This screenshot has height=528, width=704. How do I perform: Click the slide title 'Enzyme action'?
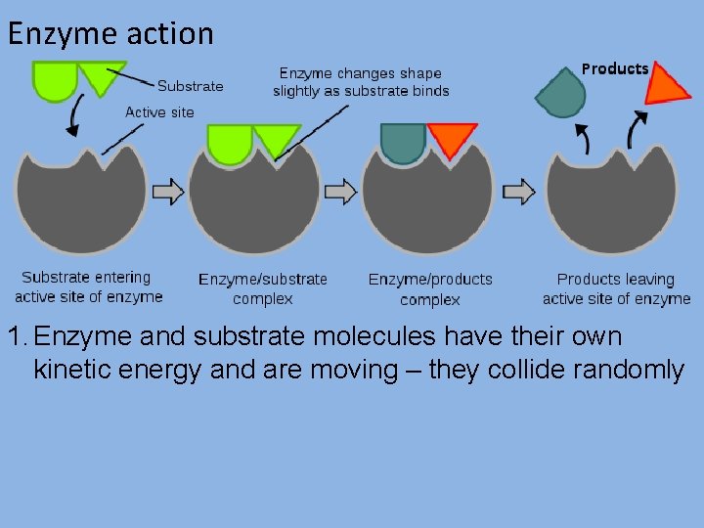[110, 33]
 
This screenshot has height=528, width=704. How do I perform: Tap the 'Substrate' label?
[190, 86]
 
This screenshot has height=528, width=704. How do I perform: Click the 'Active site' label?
[159, 111]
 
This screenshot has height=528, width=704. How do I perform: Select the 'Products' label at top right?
[615, 68]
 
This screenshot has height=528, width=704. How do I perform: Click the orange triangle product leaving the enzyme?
[667, 85]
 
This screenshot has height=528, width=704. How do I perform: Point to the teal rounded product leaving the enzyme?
[561, 94]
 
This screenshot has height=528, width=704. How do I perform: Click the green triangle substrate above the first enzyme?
[101, 76]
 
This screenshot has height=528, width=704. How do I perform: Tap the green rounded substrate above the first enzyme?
[55, 80]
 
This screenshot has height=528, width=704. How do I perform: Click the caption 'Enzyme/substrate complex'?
[263, 288]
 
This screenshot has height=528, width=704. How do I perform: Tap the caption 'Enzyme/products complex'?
[430, 288]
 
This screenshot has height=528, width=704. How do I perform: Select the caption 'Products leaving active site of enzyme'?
[616, 288]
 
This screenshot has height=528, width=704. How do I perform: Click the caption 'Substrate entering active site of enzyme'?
[88, 286]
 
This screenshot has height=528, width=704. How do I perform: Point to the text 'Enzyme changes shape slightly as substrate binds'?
[361, 82]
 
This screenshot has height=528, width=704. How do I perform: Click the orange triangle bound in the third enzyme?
[452, 139]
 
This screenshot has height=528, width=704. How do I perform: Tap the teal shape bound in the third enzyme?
[403, 142]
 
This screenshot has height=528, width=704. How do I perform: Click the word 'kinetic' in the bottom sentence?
[79, 370]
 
